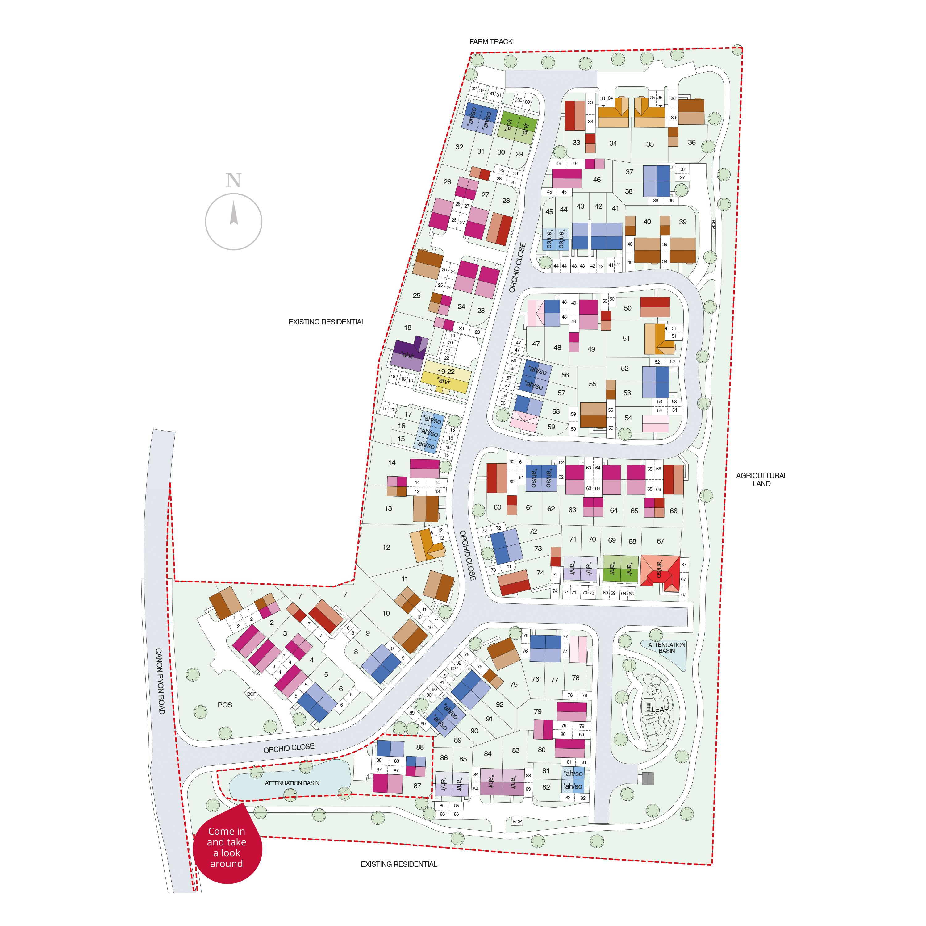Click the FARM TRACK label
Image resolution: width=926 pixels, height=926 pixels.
pos(491,42)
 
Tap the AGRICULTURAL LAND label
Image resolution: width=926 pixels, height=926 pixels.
pos(761,479)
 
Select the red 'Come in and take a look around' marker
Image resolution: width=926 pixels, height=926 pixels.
pos(227,847)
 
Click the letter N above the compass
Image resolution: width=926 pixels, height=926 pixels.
pos(233,181)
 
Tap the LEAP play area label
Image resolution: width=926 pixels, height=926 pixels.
pos(660,709)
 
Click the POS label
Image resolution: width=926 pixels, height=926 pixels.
pos(225,705)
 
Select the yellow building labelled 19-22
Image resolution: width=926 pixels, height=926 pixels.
pos(446,377)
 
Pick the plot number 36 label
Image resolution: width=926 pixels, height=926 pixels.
pos(692,142)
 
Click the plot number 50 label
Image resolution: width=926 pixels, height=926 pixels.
pos(628,308)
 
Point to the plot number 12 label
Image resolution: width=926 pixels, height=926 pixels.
pos(386,547)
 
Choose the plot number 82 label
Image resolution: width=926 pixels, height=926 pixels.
pos(546,787)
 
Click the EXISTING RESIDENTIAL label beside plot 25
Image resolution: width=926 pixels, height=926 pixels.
pos(326,322)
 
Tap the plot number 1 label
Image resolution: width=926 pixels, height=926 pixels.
pos(251,591)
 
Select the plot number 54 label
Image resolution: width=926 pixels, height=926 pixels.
pos(628,418)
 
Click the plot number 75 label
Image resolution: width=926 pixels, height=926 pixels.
pos(513,684)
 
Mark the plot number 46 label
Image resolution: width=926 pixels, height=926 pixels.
pos(597,180)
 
